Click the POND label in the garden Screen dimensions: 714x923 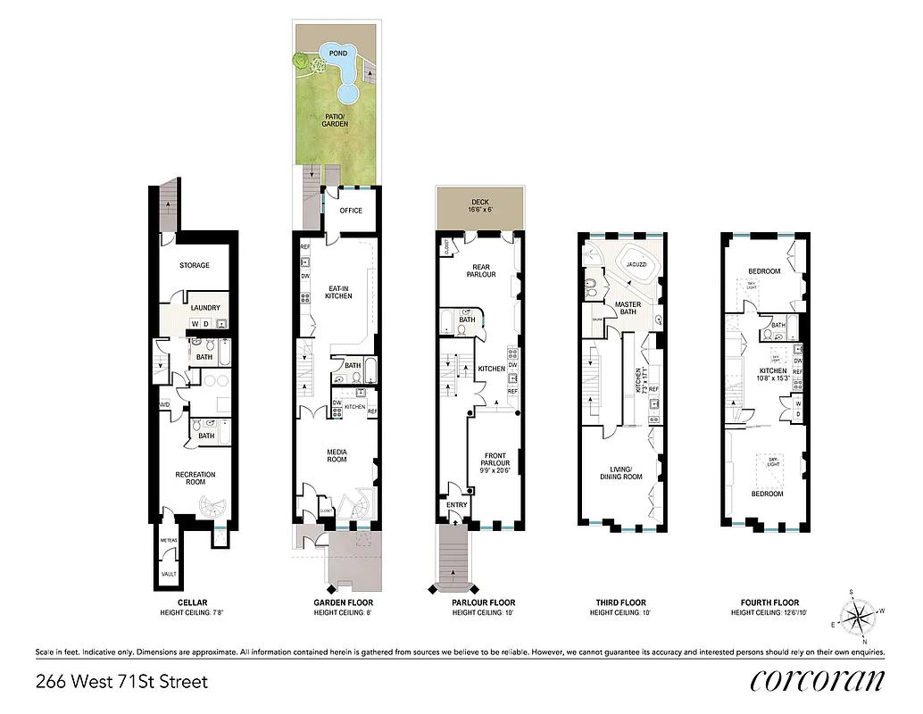(338, 54)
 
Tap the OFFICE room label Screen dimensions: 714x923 (352, 211)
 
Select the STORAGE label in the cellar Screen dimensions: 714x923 (194, 265)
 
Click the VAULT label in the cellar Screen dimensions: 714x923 (169, 574)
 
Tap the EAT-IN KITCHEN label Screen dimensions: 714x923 (339, 292)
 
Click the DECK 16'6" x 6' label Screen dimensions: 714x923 (480, 206)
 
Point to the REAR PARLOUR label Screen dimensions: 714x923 (483, 270)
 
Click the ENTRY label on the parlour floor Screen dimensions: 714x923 (457, 504)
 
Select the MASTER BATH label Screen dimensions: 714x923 (628, 309)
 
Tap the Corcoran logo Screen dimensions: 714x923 (818, 680)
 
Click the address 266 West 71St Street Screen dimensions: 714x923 (121, 682)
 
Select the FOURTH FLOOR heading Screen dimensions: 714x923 (765, 602)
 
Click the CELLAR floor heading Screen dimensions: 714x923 (193, 602)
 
